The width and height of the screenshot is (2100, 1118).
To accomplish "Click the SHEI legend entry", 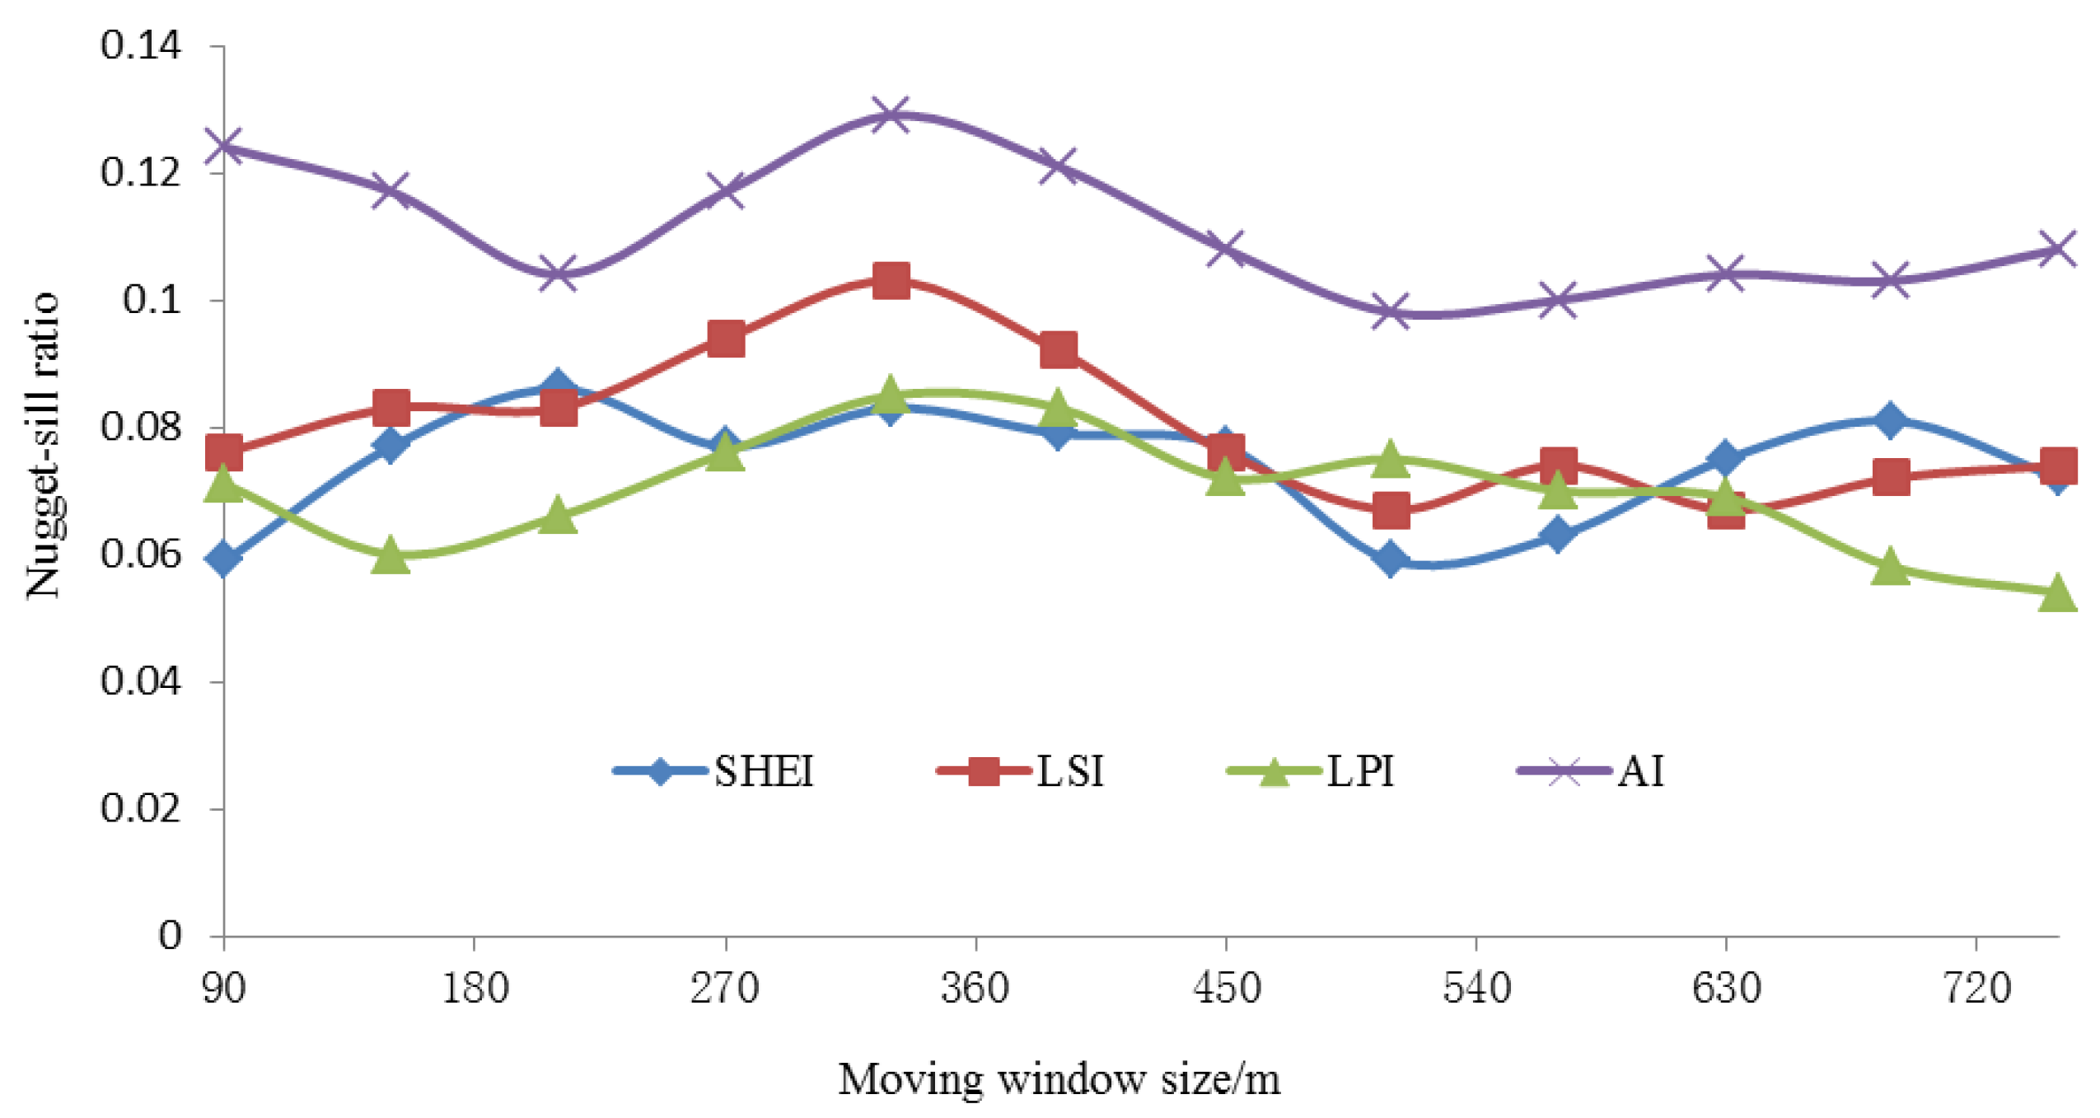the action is coord(713,771).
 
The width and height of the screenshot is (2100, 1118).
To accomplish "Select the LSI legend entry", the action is coord(1020,771).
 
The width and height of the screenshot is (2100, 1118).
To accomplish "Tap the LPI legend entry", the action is coord(1311,771).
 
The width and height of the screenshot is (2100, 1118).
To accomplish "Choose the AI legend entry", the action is coord(1591,771).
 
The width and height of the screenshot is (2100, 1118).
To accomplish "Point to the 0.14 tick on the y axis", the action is coord(140,45).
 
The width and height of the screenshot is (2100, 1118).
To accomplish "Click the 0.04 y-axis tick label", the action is coord(140,681).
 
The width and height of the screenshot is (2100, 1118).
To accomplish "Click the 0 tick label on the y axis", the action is coord(170,936).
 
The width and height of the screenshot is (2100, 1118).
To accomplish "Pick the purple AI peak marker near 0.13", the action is coord(891,114).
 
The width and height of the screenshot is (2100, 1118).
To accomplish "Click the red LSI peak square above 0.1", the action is coord(891,281).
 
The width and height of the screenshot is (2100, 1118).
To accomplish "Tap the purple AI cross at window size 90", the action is coord(223,147).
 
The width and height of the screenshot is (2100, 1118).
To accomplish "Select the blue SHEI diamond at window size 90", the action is coord(223,559).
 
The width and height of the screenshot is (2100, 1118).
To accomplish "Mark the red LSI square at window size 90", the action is coord(223,452).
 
